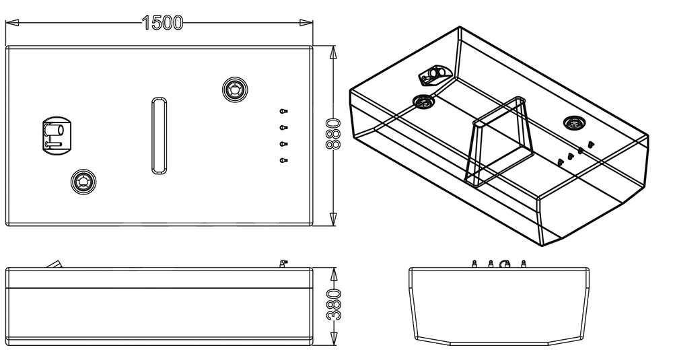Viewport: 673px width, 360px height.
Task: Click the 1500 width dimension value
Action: tap(162, 22)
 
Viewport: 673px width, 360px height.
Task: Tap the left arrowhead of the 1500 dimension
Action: tap(11, 22)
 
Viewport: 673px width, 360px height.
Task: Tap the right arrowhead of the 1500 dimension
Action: tap(306, 22)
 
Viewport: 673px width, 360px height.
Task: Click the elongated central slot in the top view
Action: tap(158, 135)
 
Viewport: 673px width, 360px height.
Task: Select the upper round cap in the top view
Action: tap(235, 89)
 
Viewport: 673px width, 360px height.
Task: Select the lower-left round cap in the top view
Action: tap(83, 180)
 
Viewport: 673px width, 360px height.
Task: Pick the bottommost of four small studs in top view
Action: tap(283, 159)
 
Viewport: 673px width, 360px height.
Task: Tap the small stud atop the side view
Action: tap(283, 262)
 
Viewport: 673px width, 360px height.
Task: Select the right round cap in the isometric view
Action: tap(573, 122)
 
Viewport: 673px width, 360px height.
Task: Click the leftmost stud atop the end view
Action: tap(474, 263)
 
